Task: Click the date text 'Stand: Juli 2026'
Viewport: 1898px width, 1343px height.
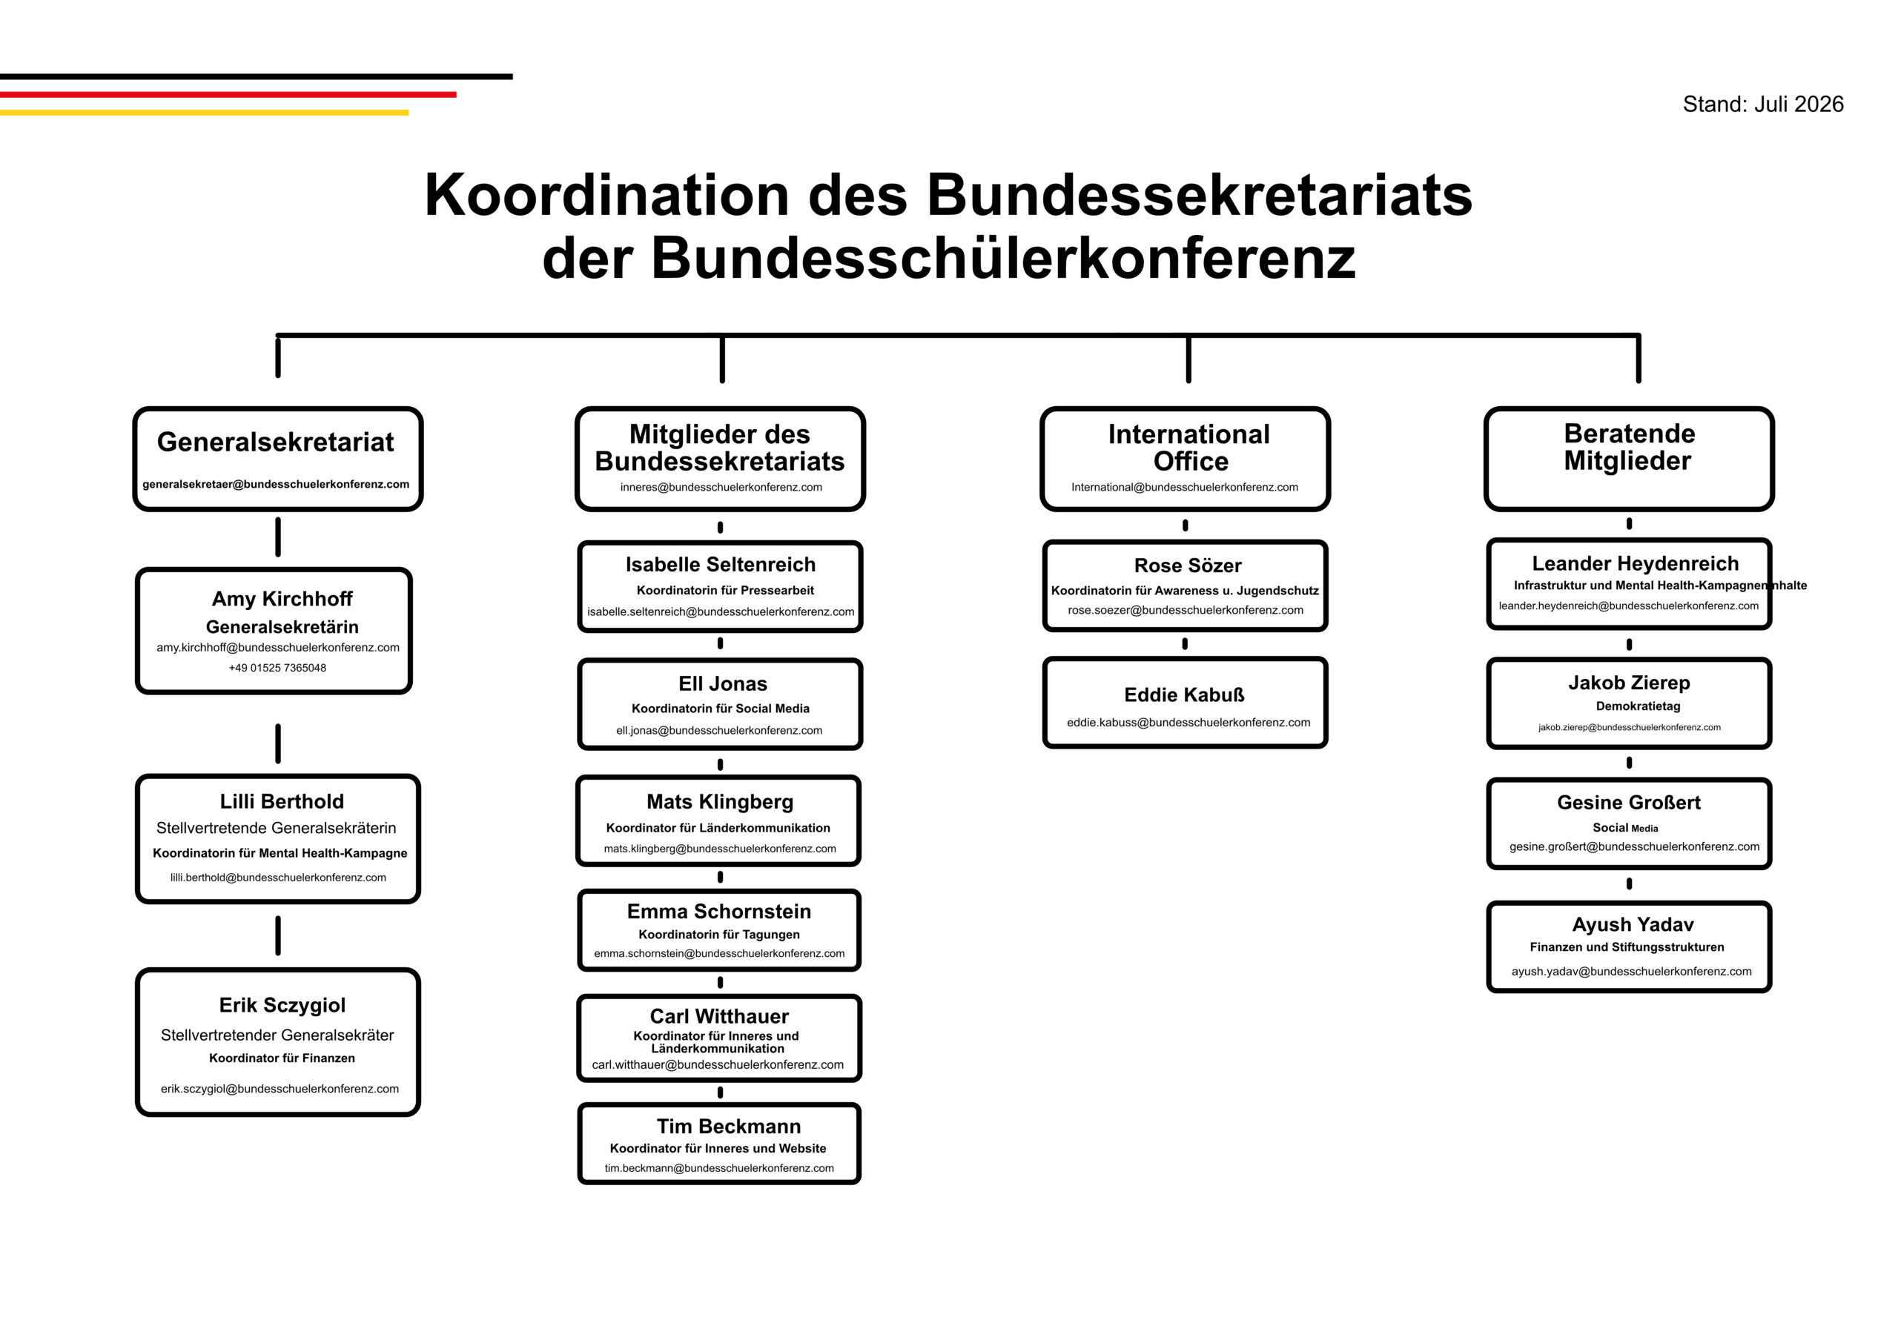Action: [x=1762, y=105]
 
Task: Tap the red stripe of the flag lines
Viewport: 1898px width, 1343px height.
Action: [x=228, y=94]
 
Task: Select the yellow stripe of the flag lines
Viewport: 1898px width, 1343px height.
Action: [x=205, y=113]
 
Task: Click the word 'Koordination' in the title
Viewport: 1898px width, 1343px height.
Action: [x=607, y=195]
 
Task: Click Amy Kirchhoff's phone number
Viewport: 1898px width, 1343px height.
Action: [x=278, y=669]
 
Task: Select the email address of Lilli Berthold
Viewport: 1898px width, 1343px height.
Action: [x=278, y=878]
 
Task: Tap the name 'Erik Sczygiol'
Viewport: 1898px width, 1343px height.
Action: [x=282, y=1005]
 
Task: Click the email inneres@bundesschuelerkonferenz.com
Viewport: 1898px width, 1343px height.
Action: [x=721, y=487]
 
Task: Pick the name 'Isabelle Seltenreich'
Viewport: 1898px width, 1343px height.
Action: [x=721, y=565]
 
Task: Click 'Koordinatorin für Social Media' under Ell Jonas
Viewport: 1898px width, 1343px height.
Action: [x=721, y=709]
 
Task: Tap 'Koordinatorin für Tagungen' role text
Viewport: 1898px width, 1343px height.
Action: [x=718, y=935]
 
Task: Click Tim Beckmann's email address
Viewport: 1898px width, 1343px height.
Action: [x=718, y=1169]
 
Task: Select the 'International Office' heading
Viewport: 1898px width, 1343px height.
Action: [x=1189, y=448]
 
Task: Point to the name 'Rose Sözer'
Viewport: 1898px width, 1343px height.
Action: [x=1188, y=566]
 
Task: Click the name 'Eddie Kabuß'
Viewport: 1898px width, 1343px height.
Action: [x=1184, y=694]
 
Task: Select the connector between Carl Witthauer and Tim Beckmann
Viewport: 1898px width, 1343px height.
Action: [x=721, y=1092]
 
